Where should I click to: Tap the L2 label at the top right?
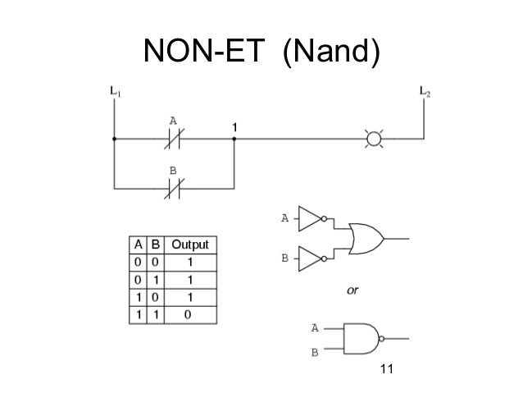[424, 92]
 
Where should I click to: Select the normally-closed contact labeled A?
[174, 139]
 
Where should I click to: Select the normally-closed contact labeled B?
[174, 190]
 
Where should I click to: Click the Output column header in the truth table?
[189, 245]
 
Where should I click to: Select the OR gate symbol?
[366, 239]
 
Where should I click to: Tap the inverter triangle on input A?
[312, 219]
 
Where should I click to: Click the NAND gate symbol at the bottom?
[362, 336]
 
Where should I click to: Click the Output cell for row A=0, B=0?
[189, 262]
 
